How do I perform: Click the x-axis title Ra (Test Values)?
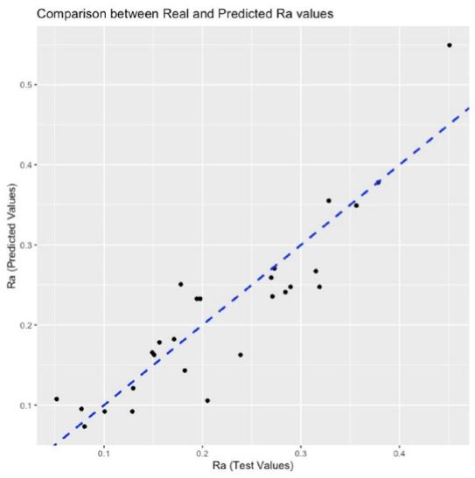coord(253,465)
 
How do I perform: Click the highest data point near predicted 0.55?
coord(450,45)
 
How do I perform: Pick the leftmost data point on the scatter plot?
coord(57,399)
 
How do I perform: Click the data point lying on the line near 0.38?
coord(378,183)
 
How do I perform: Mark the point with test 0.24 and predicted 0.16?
coord(241,355)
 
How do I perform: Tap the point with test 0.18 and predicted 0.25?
coord(181,284)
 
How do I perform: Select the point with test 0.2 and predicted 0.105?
coord(207,401)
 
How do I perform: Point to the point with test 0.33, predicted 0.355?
coord(329,200)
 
